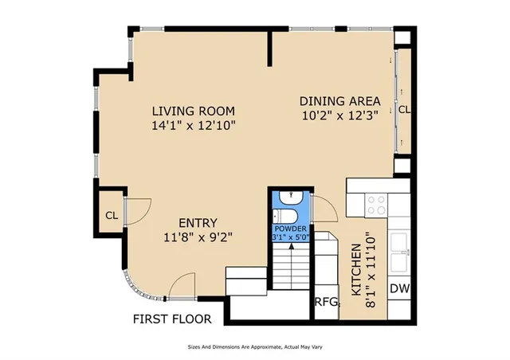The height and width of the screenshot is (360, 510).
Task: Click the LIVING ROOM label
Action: [x=194, y=111]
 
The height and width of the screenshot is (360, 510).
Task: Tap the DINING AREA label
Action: [x=339, y=101]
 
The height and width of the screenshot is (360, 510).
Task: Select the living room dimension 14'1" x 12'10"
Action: [x=194, y=125]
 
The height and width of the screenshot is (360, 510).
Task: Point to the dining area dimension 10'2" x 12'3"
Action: [x=339, y=115]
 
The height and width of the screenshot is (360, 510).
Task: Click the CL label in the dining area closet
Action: [x=404, y=108]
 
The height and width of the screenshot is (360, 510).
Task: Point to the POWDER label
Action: [x=290, y=229]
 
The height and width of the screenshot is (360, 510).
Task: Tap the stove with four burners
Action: [x=375, y=205]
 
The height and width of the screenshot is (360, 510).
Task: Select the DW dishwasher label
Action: [x=399, y=289]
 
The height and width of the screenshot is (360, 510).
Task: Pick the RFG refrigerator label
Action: [x=327, y=302]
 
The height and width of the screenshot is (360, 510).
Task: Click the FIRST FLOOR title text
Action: [x=172, y=319]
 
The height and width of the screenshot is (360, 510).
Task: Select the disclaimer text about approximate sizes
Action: [x=254, y=346]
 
